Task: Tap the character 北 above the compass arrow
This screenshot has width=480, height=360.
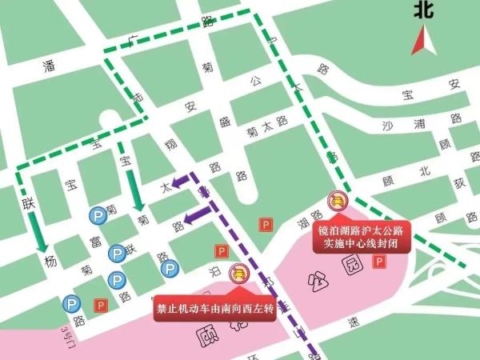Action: click(425, 10)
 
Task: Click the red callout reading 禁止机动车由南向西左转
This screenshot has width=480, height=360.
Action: click(215, 308)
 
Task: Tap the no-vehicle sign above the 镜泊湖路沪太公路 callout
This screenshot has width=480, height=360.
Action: click(338, 201)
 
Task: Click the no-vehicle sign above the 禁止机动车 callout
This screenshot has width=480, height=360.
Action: click(238, 273)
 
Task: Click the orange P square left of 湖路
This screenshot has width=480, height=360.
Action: click(266, 226)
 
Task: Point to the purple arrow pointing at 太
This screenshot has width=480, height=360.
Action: click(183, 179)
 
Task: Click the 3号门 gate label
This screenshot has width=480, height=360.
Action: click(70, 330)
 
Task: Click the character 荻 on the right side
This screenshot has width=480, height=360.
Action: click(459, 182)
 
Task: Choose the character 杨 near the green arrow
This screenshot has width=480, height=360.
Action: click(50, 262)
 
